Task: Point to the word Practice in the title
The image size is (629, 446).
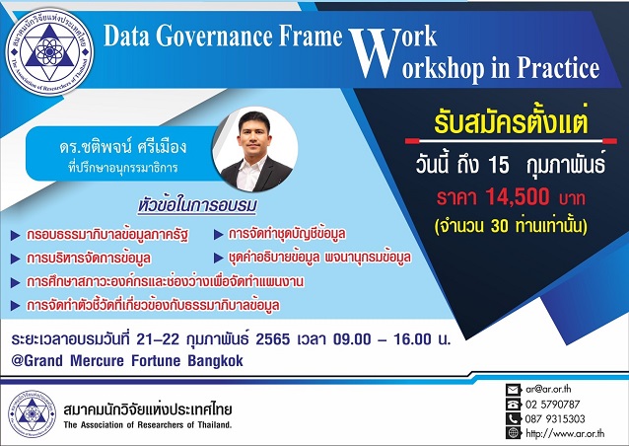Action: [x=557, y=68]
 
